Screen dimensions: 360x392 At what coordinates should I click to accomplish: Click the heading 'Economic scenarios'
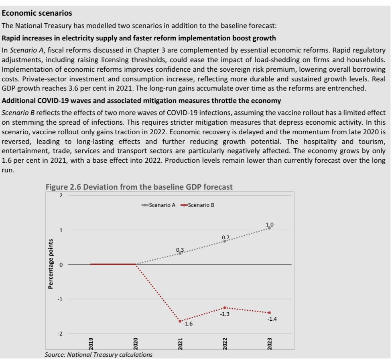[37, 13]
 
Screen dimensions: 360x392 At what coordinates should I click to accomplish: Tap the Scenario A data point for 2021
[180, 253]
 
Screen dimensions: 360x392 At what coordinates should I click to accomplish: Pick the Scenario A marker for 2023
[269, 228]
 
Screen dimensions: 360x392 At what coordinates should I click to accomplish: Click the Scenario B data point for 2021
[180, 321]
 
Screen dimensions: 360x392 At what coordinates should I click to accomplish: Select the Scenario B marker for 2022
[225, 307]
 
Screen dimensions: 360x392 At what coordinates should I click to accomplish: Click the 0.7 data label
[225, 238]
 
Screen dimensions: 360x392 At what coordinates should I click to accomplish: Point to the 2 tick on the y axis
[61, 195]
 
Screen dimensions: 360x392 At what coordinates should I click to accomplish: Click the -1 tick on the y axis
[60, 299]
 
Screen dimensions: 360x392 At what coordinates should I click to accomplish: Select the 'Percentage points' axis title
[51, 264]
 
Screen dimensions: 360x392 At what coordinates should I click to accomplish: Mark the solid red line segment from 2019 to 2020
[113, 264]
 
